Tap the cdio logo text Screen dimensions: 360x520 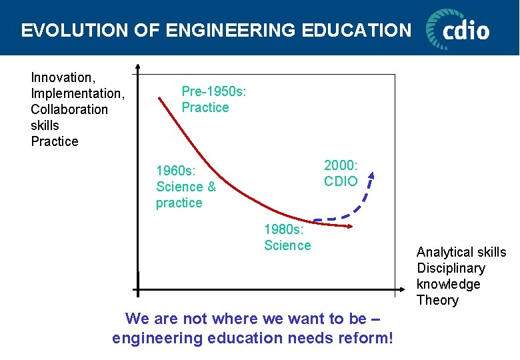click(x=467, y=31)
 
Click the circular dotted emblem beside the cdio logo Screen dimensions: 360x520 click(x=439, y=28)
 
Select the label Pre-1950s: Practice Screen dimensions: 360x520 click(x=213, y=99)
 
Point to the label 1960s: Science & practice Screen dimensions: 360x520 click(x=185, y=187)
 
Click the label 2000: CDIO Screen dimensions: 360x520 click(x=341, y=173)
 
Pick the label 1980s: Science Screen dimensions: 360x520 click(x=287, y=237)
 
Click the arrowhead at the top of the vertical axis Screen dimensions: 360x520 click(x=137, y=67)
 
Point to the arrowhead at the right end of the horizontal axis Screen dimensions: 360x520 click(x=401, y=291)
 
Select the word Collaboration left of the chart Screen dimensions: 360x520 click(x=69, y=109)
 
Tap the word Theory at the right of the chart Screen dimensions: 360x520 click(x=437, y=300)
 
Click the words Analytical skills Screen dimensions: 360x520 click(x=461, y=252)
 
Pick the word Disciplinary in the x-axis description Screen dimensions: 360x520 click(x=451, y=268)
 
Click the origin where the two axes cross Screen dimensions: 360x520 click(x=138, y=291)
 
